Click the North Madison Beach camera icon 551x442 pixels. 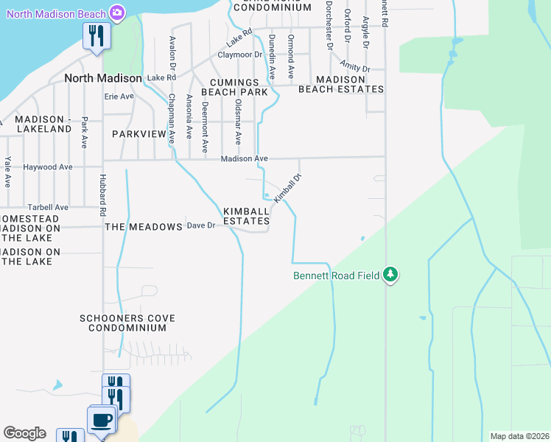116,12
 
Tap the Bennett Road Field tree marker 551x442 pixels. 390,276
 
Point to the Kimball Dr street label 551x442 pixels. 288,189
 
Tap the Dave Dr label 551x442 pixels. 200,226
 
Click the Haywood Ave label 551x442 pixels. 48,167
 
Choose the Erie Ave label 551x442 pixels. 119,97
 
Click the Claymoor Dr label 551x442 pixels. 239,55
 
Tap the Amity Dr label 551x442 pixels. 355,69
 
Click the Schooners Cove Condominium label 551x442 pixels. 127,323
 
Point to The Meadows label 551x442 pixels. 143,227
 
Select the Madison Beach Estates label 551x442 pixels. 341,84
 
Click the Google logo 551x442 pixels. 24,433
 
